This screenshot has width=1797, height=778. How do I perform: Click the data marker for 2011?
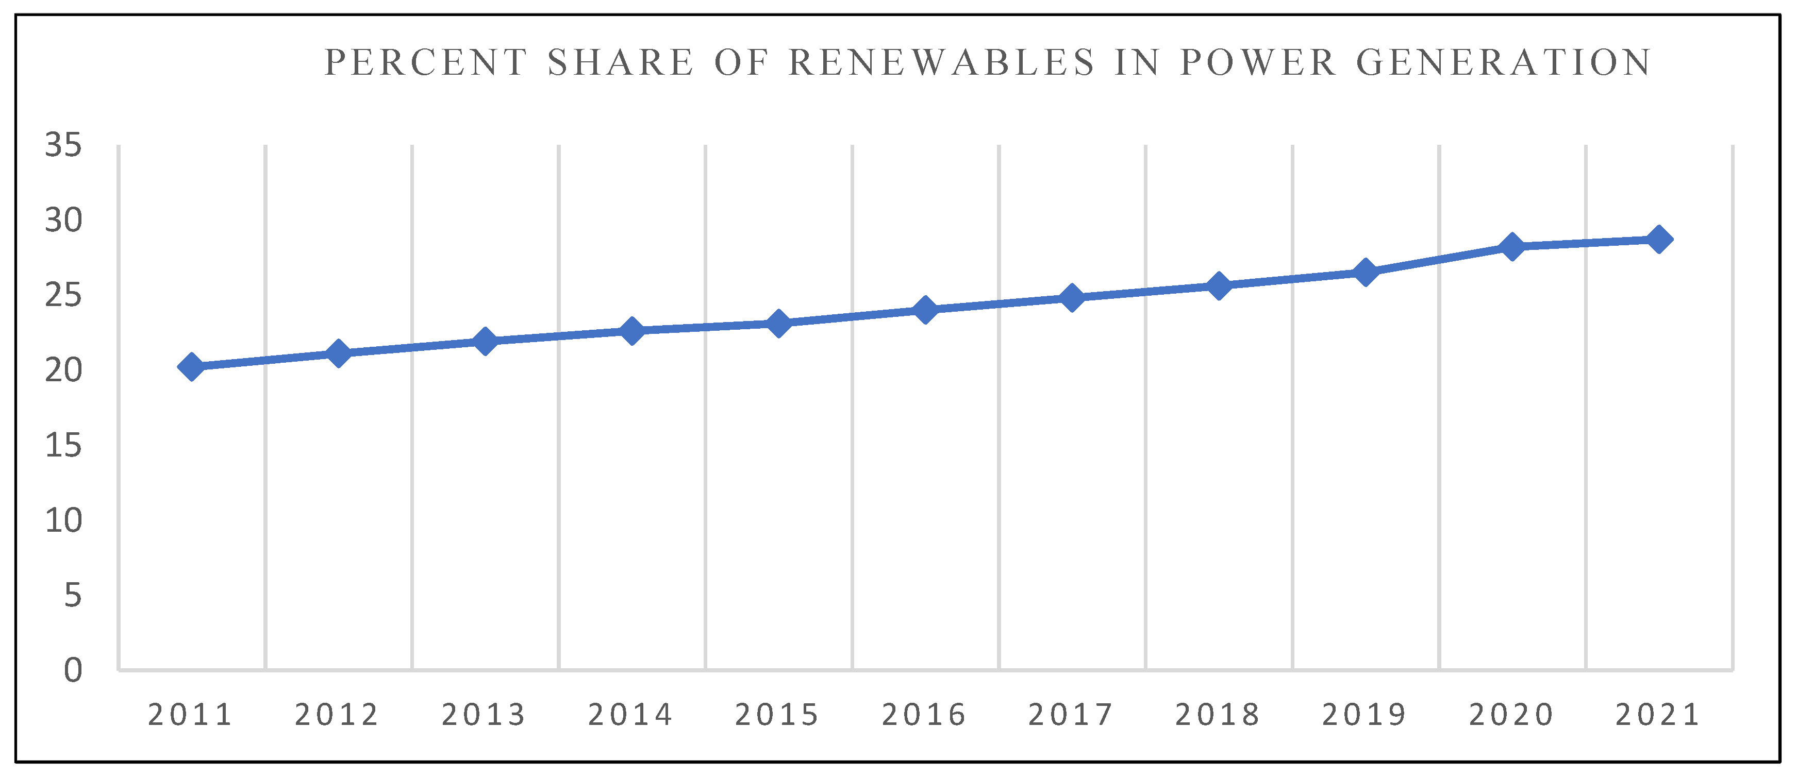[x=191, y=367]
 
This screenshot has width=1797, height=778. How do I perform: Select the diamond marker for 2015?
[x=778, y=324]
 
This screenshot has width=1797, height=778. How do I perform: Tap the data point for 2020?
[x=1512, y=246]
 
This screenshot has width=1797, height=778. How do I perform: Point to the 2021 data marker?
[x=1659, y=240]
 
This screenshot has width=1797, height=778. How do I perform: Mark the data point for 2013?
[x=485, y=342]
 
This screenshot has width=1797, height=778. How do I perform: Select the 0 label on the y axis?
[x=73, y=671]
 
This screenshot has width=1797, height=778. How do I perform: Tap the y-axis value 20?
[x=63, y=370]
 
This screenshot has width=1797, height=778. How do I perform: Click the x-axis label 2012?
[x=337, y=715]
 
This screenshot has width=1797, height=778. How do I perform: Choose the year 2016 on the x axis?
[x=924, y=715]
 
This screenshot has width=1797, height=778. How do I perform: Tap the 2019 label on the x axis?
[x=1365, y=715]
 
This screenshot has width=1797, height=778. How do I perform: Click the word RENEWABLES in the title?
[x=942, y=63]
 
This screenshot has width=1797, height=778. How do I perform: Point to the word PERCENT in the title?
[x=426, y=63]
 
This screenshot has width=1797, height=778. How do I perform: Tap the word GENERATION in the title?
[x=1504, y=63]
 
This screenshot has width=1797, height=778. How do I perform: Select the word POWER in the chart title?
[x=1258, y=63]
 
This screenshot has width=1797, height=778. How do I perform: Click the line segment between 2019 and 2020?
[x=1438, y=259]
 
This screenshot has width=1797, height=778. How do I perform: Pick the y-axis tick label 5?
[x=73, y=596]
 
